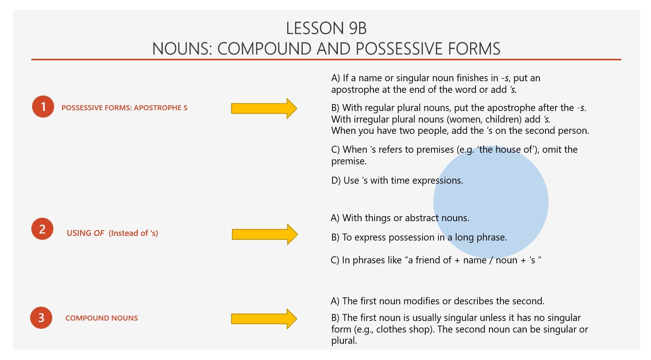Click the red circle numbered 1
[x=43, y=107]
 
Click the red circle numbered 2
[x=42, y=229]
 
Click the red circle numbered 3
[x=41, y=318]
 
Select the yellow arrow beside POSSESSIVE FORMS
[x=264, y=108]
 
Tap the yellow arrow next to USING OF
[x=264, y=234]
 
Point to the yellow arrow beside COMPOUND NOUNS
[x=264, y=319]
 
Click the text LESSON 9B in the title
[x=326, y=28]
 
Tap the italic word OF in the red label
[x=99, y=233]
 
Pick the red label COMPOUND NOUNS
[x=102, y=318]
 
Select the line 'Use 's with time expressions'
[x=397, y=181]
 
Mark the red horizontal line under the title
[x=326, y=60]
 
